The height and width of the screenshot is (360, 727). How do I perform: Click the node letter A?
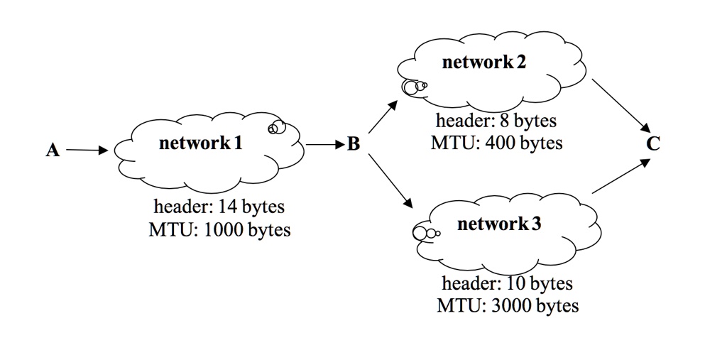(x=53, y=151)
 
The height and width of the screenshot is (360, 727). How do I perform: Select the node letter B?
(x=354, y=146)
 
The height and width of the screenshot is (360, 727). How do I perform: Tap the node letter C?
(x=653, y=144)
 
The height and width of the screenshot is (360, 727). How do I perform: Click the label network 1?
(x=201, y=143)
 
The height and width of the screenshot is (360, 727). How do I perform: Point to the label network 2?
(x=484, y=62)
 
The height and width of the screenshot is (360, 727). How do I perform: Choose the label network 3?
(x=499, y=225)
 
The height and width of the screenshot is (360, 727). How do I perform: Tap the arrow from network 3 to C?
(x=620, y=177)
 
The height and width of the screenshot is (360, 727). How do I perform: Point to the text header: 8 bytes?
(x=496, y=121)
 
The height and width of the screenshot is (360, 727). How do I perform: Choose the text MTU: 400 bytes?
(x=496, y=143)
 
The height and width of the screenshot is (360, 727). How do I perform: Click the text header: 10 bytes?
(x=507, y=284)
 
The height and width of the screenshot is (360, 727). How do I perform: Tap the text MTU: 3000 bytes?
(x=507, y=306)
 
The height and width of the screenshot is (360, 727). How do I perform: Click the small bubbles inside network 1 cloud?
(x=276, y=127)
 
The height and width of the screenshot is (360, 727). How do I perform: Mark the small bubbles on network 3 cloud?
(x=425, y=231)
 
